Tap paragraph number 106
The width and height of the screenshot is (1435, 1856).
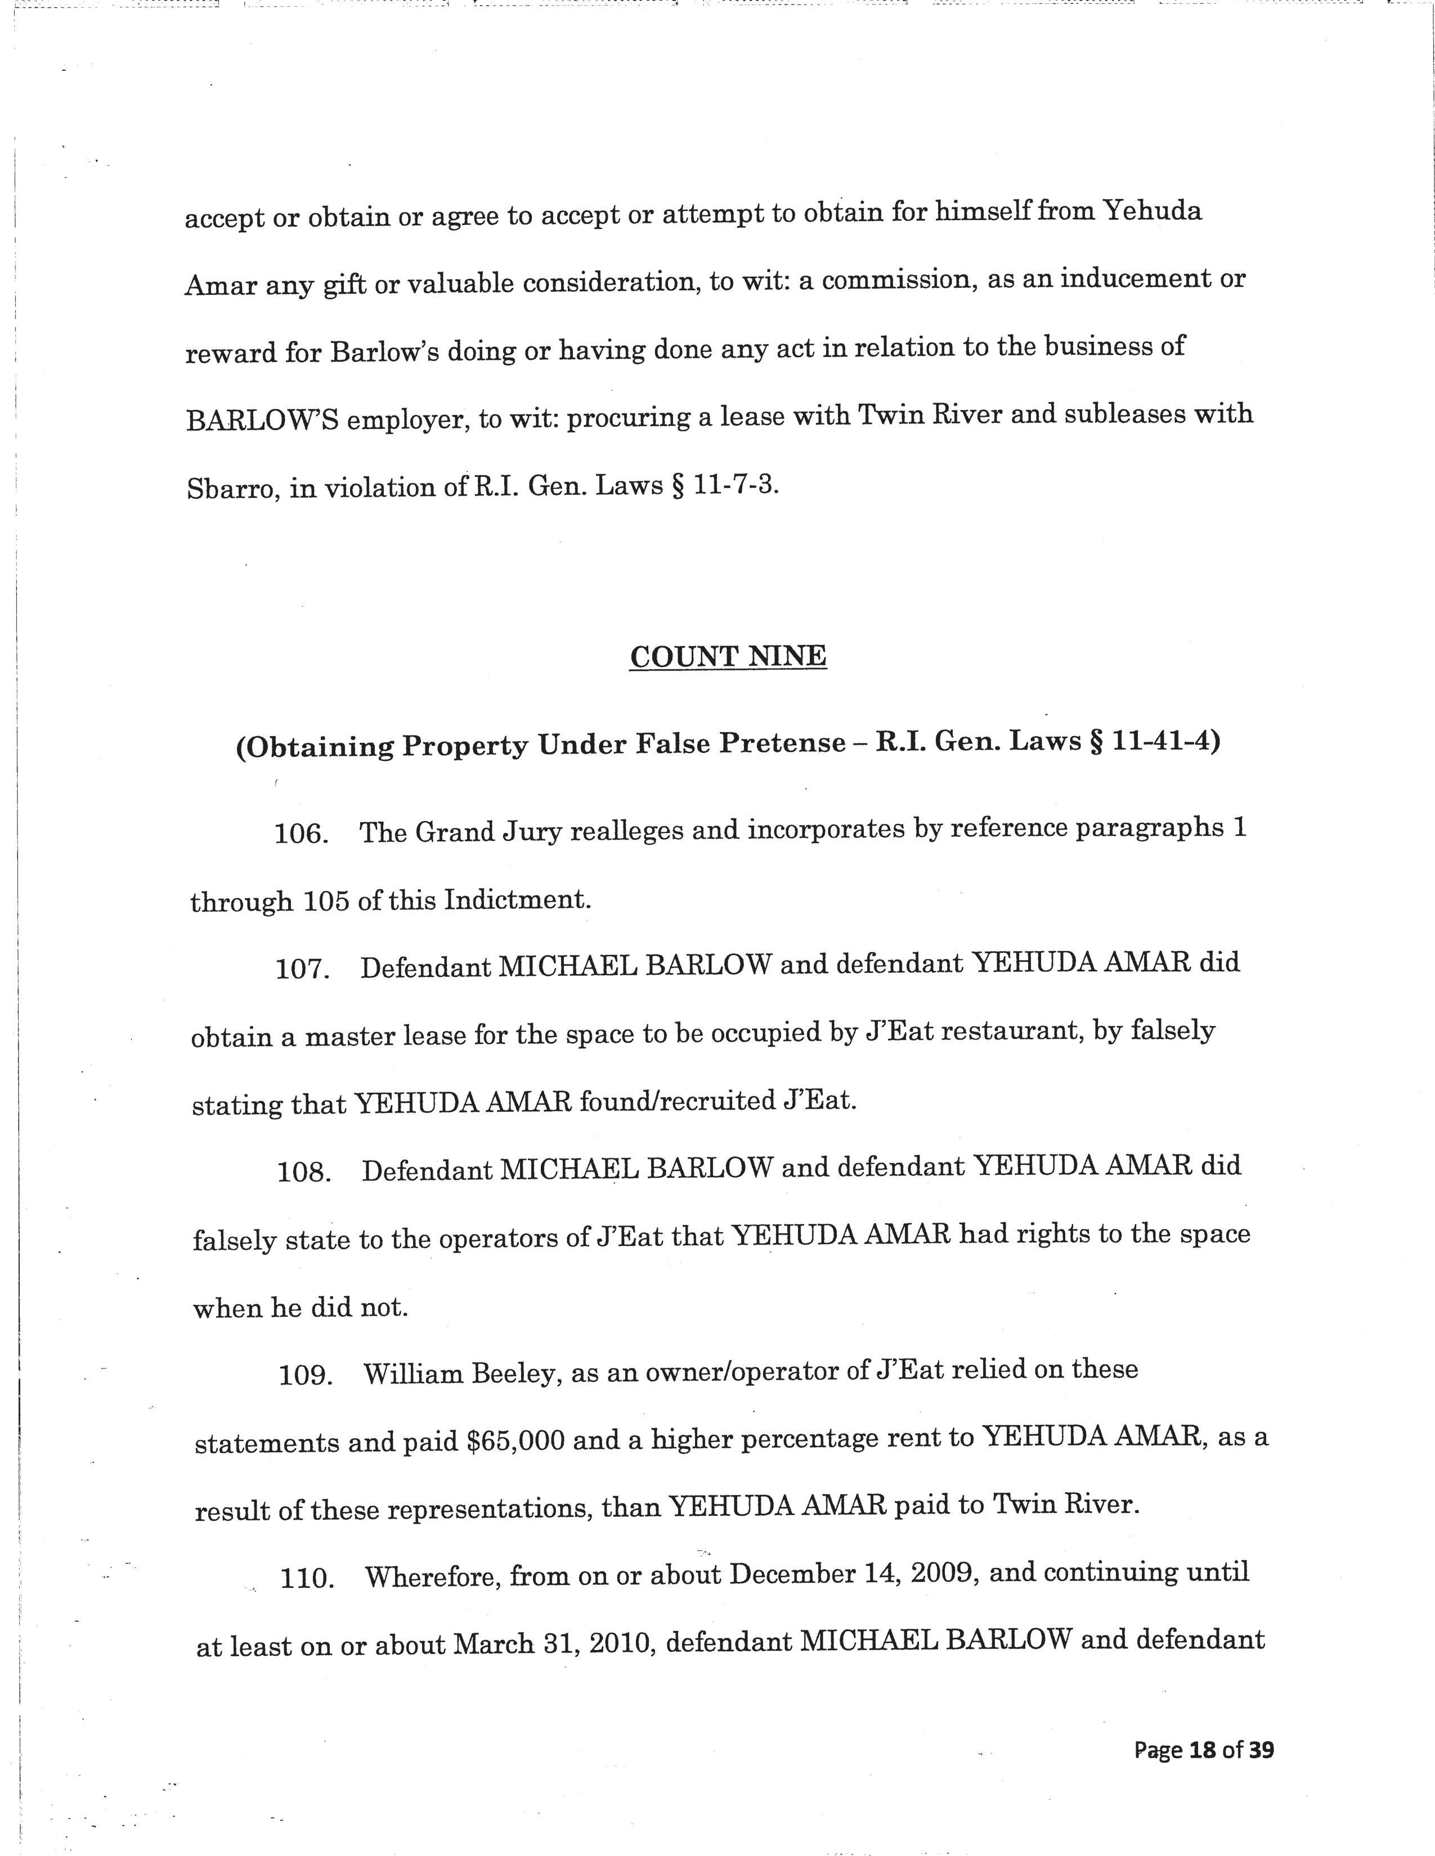[x=301, y=834]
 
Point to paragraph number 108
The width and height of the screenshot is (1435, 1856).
[x=303, y=1173]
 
